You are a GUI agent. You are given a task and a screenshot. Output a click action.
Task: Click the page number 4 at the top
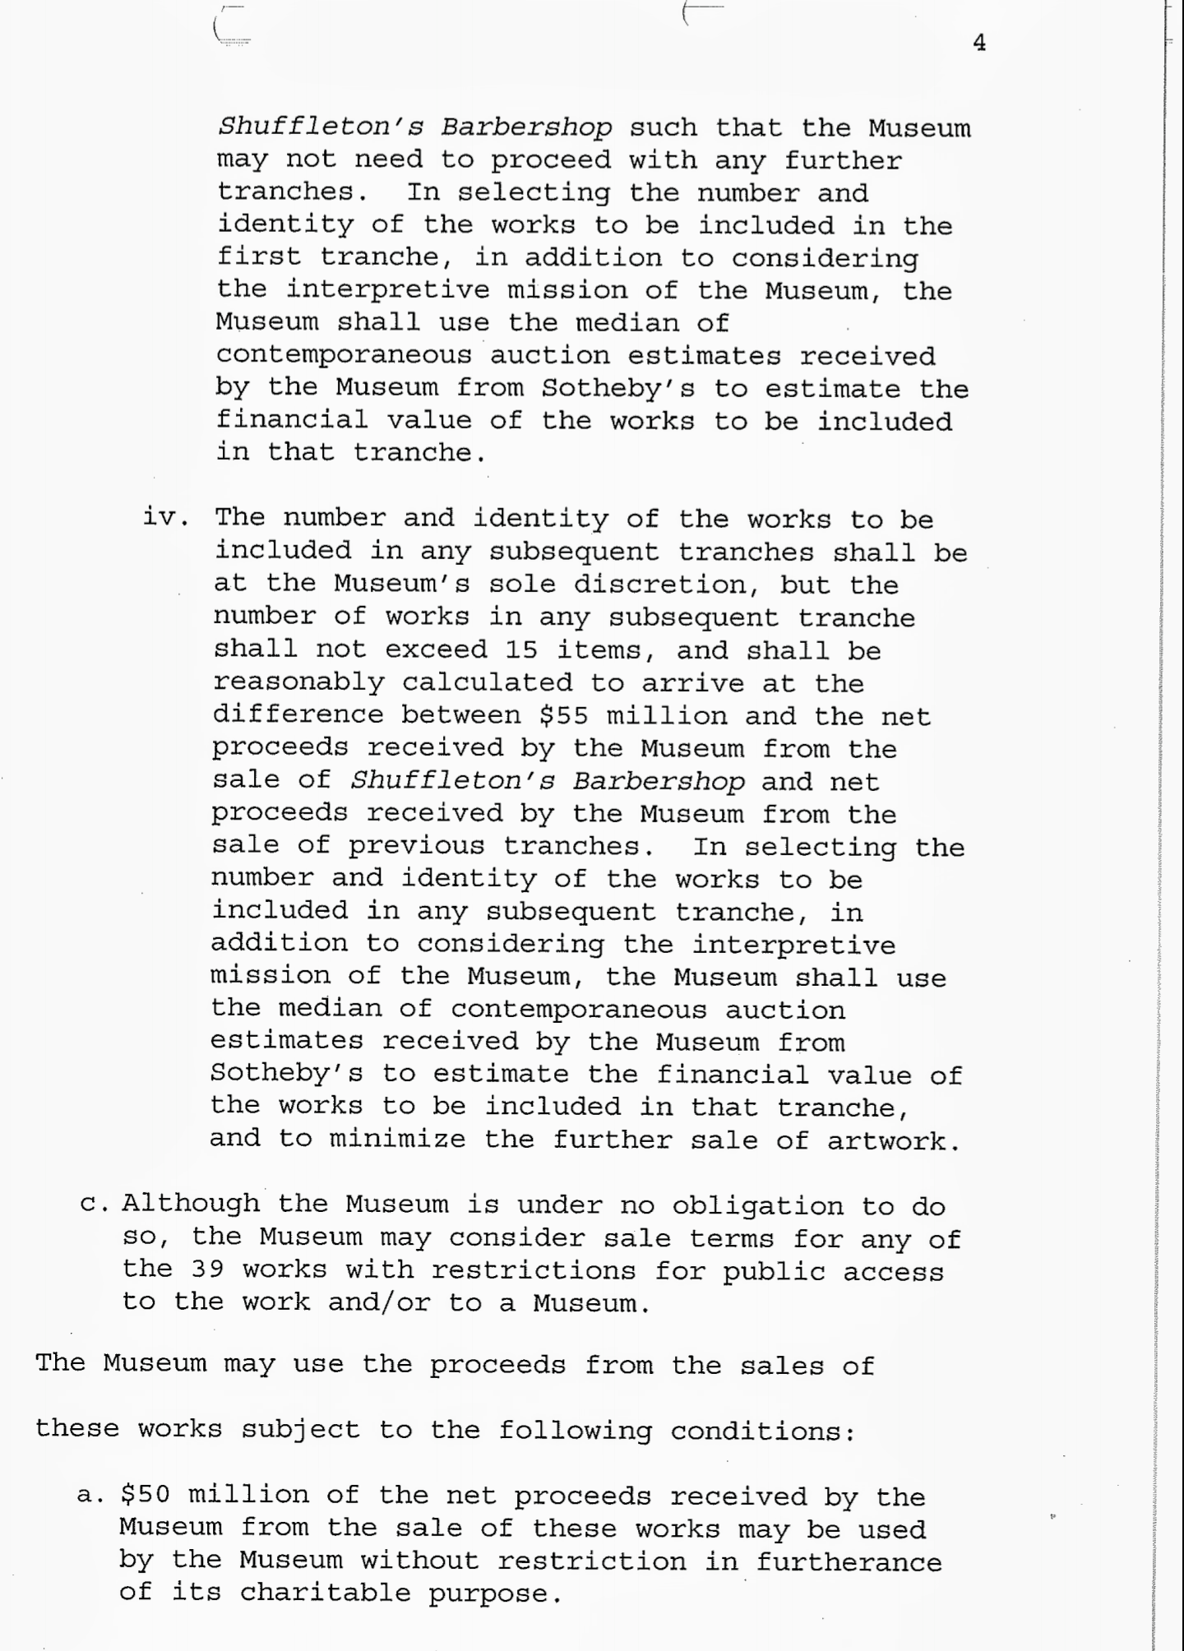978,44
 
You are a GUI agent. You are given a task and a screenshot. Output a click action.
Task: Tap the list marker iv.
166,518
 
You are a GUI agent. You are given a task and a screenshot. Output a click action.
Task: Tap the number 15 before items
521,650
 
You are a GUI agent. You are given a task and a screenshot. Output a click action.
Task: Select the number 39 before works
208,1269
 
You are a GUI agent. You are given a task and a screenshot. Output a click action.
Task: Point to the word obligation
757,1206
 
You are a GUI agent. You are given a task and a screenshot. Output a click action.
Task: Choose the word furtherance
849,1561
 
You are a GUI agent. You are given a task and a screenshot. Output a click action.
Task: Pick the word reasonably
298,682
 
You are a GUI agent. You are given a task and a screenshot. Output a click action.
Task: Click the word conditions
763,1431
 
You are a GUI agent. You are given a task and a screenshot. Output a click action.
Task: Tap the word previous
417,846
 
